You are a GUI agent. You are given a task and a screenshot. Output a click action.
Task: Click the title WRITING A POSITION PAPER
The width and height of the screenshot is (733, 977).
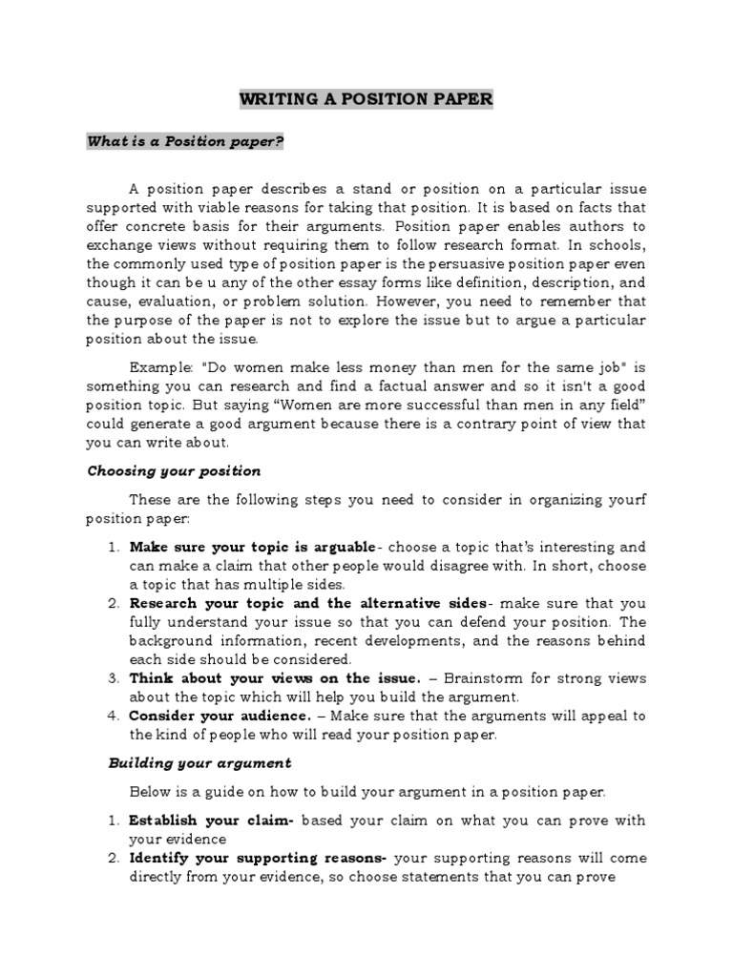tap(366, 100)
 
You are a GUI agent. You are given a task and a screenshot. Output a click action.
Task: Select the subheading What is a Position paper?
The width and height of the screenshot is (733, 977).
tap(186, 141)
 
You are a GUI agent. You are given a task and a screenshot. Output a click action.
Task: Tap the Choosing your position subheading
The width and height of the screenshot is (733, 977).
tap(174, 471)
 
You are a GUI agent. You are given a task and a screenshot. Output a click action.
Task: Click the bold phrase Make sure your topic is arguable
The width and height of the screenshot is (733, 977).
tap(253, 548)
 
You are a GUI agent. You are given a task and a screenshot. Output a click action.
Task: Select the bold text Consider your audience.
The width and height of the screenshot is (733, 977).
tap(220, 716)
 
